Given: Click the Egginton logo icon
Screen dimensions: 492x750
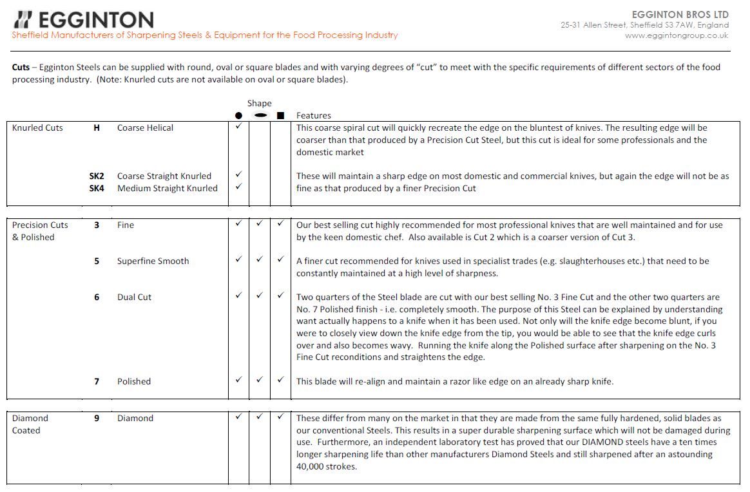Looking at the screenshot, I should point(23,19).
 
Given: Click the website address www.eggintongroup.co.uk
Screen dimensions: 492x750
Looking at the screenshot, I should point(677,35).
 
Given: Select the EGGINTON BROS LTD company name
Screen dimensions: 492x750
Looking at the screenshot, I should point(682,14).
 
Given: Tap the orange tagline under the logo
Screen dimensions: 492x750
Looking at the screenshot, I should point(205,35).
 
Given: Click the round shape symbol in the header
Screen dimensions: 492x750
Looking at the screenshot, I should point(238,116).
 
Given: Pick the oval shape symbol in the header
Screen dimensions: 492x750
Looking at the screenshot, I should point(260,116).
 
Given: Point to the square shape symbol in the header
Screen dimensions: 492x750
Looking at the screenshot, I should point(280,116).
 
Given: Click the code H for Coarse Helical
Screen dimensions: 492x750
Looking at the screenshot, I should point(97,128).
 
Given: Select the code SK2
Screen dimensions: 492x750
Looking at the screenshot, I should point(97,176).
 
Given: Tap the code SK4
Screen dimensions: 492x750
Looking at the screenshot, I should point(97,188).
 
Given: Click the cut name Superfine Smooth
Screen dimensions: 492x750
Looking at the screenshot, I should point(153,261).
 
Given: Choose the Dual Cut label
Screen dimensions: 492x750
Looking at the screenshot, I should point(134,297).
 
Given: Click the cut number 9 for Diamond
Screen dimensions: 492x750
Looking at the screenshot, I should point(97,418).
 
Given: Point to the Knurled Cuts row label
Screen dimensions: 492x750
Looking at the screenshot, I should point(37,128).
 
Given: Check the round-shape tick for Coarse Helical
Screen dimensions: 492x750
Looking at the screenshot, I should point(238,127).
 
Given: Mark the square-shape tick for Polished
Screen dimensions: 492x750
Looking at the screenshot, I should point(280,380).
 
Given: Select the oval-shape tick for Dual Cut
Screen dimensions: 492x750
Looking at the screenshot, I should point(259,296).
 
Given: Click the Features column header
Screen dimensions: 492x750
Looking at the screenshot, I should point(314,116).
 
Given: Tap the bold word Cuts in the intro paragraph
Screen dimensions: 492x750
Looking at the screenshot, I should point(21,67).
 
